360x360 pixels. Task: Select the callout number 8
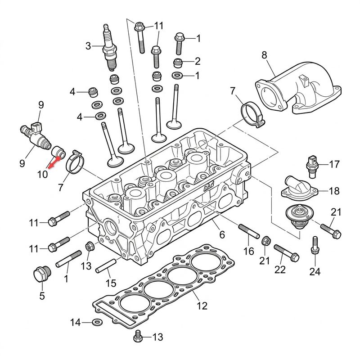click(264, 55)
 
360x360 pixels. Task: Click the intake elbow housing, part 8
click(298, 88)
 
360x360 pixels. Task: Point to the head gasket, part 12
click(163, 285)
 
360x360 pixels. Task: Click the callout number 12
click(202, 306)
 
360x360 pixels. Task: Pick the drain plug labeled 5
click(41, 274)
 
